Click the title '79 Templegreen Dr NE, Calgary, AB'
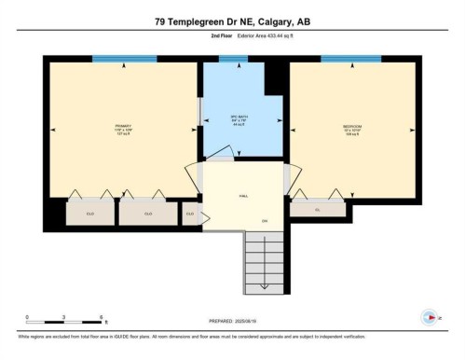click(232, 20)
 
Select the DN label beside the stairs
click(265, 221)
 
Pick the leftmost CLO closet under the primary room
click(90, 214)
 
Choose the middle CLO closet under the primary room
click(148, 214)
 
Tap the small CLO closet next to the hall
click(190, 214)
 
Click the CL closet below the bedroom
click(317, 210)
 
